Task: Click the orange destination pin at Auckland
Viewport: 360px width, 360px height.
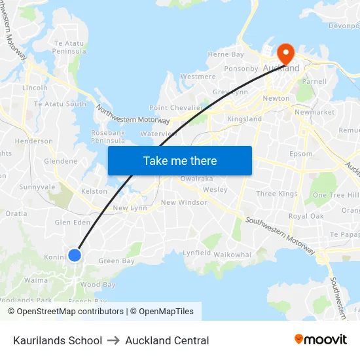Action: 286,52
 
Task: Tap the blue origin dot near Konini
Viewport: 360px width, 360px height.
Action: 75,255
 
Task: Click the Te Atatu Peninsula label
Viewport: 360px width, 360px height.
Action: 69,46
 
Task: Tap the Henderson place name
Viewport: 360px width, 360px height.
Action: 34,141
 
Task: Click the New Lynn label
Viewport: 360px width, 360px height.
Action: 130,208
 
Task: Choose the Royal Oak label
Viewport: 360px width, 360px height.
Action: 306,216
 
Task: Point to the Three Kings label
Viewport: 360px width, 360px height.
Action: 276,194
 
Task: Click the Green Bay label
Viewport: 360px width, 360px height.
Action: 117,261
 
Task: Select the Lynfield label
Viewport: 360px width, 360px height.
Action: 196,253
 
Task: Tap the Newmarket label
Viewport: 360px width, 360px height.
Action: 314,113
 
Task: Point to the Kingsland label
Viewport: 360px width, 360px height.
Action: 244,119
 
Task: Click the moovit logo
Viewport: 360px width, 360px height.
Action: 321,340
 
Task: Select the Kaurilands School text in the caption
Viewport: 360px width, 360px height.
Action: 58,340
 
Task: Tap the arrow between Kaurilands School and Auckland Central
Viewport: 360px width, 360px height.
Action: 114,340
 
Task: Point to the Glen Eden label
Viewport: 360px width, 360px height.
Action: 72,223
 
